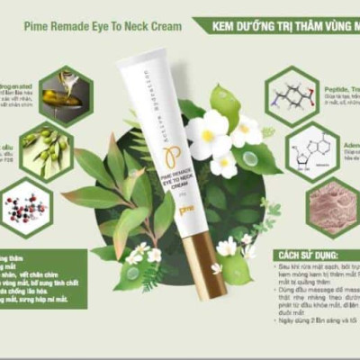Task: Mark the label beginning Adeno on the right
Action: [x=346, y=141]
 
